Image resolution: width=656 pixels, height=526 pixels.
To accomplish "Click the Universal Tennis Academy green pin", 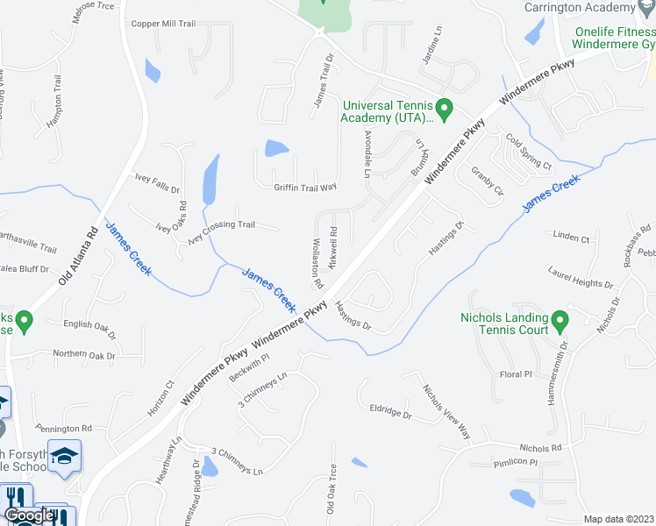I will click(x=444, y=110).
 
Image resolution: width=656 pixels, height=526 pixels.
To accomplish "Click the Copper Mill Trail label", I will click(x=162, y=24).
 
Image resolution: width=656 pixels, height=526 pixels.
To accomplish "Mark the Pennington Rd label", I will click(x=63, y=429).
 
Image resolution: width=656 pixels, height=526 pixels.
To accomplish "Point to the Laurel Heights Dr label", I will click(x=580, y=284).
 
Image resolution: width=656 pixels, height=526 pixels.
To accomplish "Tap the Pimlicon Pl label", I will click(x=514, y=462).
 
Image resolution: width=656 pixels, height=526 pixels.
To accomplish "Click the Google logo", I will click(x=29, y=515).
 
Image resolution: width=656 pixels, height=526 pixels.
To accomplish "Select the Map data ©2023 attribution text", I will click(x=619, y=519).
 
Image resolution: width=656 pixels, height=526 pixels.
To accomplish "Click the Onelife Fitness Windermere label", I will click(x=615, y=38).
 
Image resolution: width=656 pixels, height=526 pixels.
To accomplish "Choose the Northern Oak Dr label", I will click(x=84, y=355).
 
